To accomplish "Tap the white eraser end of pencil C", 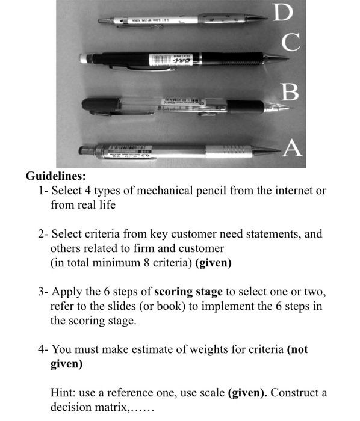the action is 85,59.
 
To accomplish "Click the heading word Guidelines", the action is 56,177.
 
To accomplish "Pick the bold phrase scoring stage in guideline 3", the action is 188,292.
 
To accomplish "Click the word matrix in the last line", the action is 108,408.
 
